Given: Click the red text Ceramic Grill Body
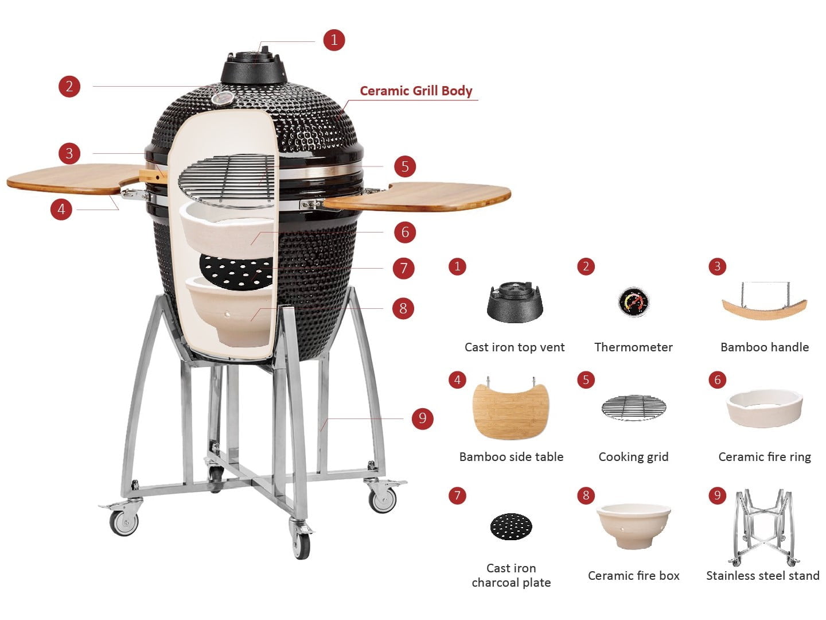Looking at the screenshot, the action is [x=416, y=91].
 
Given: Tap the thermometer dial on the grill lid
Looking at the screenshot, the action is [x=223, y=98].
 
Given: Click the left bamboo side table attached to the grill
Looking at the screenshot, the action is [x=75, y=179].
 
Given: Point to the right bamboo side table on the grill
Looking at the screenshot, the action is [x=417, y=197].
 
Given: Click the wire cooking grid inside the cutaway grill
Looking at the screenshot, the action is [x=227, y=181].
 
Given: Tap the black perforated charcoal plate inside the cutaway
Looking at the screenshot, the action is [x=236, y=272].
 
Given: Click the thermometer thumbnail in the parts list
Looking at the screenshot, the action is [x=634, y=302].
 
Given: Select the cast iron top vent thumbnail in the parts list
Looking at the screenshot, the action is [x=515, y=303].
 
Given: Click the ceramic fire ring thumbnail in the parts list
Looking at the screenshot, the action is [x=765, y=409].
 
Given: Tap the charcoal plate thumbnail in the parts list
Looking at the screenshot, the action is [x=511, y=526].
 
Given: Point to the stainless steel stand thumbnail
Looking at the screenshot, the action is [x=763, y=527].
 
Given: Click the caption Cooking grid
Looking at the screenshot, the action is [x=634, y=456].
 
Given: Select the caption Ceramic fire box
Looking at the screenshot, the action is [x=634, y=575].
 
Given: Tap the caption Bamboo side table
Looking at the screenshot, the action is [x=512, y=456].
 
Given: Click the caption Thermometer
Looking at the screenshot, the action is [x=634, y=347].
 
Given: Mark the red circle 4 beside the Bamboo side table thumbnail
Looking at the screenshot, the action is [x=458, y=379].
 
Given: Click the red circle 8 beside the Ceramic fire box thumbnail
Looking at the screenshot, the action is [x=586, y=495].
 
